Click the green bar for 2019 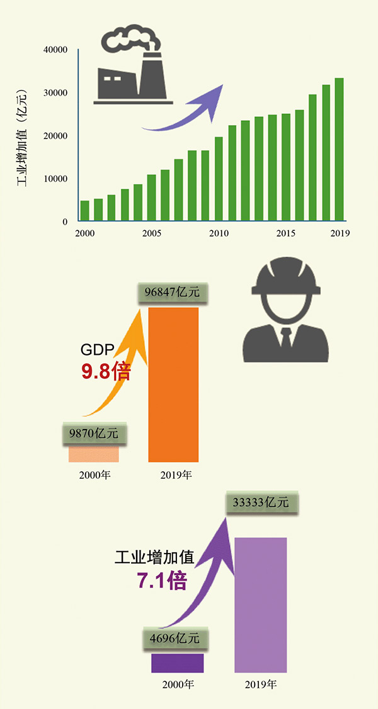(x=339, y=150)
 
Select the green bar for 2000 (x=84, y=211)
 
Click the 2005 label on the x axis (x=152, y=233)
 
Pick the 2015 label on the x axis (x=286, y=233)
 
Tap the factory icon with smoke (x=134, y=67)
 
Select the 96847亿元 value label (x=172, y=293)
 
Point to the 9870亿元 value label (x=94, y=433)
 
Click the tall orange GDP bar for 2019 (x=173, y=384)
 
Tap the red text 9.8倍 (x=105, y=371)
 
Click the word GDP (x=96, y=351)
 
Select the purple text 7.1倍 (x=162, y=580)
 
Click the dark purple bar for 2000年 (x=177, y=663)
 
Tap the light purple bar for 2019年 (x=260, y=604)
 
